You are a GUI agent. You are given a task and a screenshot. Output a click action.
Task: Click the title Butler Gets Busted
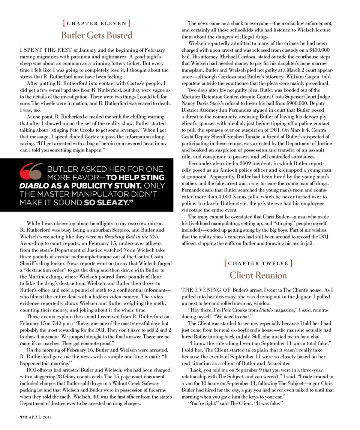(x=96, y=36)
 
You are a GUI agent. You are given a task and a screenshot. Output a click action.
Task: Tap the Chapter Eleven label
(x=96, y=23)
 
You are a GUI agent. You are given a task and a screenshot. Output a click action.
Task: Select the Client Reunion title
(x=258, y=275)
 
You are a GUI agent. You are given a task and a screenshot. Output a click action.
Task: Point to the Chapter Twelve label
(x=258, y=263)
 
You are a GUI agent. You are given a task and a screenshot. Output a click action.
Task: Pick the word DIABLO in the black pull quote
(x=32, y=186)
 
